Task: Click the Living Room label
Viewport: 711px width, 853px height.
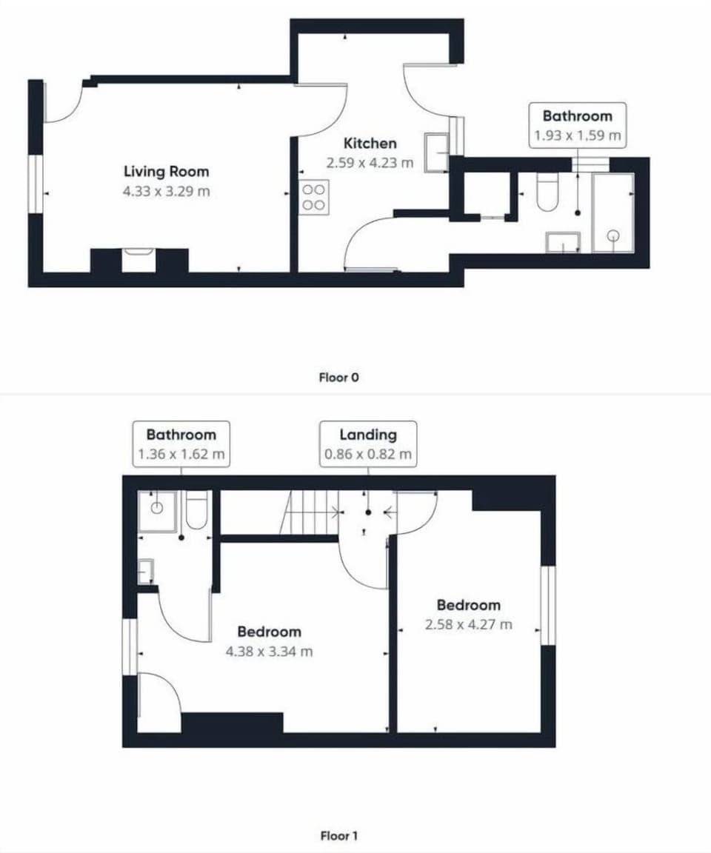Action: coord(166,172)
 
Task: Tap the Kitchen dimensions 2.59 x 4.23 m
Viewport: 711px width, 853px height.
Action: coord(370,163)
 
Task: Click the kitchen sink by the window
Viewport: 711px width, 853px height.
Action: coord(436,152)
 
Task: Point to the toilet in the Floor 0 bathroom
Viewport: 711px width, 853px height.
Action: coord(547,193)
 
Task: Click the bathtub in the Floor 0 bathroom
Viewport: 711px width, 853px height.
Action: coord(612,213)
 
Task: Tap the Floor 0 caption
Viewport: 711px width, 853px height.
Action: coord(338,378)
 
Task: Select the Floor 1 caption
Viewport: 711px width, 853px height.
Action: coord(338,836)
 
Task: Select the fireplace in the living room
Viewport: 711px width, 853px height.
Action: coord(138,261)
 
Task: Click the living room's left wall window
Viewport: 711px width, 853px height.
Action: coord(36,184)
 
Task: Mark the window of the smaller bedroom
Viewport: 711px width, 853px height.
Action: coord(548,605)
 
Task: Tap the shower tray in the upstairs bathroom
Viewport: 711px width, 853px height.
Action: coord(158,511)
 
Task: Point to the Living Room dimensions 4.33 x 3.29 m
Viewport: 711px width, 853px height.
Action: coord(166,192)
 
